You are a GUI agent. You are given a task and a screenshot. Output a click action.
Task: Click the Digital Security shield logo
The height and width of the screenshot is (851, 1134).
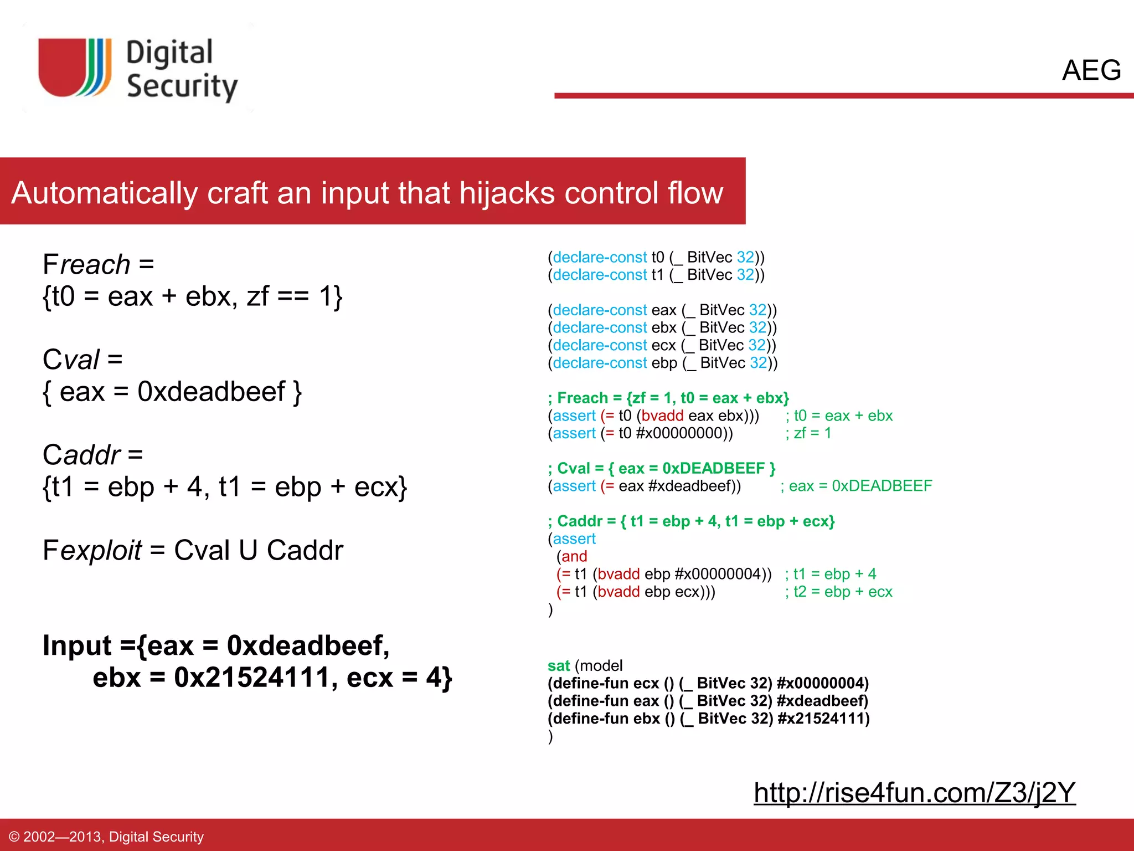[x=75, y=68]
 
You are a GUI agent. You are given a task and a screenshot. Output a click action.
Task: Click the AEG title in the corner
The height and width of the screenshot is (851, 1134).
[x=1091, y=70]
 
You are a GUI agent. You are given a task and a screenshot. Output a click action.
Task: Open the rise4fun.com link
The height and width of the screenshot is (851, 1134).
[x=914, y=792]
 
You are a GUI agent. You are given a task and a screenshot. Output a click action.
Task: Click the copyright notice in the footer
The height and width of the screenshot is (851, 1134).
[x=107, y=837]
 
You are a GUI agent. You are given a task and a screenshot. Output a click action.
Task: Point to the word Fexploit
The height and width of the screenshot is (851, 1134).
[x=92, y=550]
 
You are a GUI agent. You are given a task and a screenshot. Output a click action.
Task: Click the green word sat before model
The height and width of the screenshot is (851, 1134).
[x=558, y=665]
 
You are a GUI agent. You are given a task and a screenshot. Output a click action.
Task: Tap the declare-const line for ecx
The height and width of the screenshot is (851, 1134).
[x=662, y=345]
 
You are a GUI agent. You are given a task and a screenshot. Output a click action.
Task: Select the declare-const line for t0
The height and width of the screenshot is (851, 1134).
[x=656, y=257]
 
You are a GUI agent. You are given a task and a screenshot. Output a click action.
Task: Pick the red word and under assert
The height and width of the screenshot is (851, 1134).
[x=574, y=556]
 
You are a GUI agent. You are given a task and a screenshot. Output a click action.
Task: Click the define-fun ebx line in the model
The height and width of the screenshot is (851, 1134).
[x=708, y=719]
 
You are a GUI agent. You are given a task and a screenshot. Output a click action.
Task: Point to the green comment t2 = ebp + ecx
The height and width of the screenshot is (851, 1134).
[x=838, y=592]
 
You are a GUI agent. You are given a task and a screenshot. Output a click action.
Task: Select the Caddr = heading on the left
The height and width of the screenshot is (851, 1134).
[x=92, y=455]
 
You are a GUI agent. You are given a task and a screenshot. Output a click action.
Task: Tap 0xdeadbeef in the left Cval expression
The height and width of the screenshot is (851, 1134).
[x=211, y=392]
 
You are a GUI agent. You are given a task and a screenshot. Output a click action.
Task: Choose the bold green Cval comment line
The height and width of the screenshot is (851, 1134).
[x=661, y=468]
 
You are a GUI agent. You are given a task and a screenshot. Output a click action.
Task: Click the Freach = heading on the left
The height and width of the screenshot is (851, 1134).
[x=98, y=264]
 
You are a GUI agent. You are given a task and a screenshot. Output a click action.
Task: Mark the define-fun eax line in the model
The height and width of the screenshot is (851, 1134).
[x=708, y=701]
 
